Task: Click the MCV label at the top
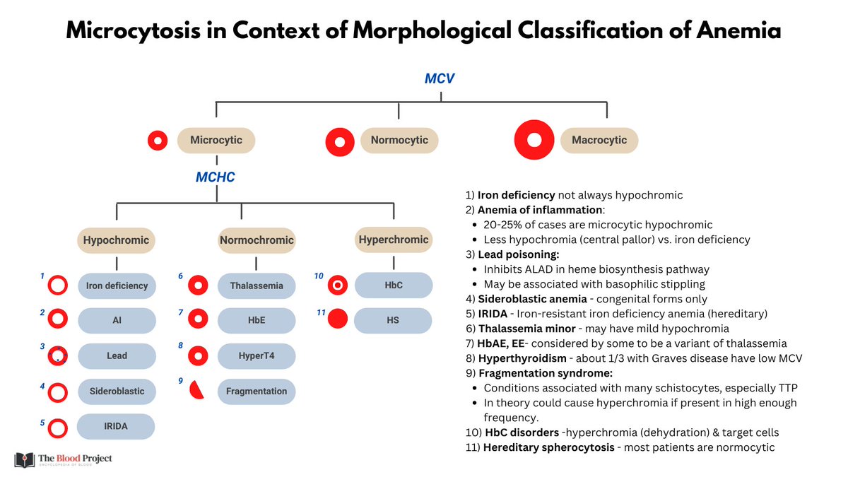(439, 78)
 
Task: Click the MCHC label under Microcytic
(215, 177)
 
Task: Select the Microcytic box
(216, 140)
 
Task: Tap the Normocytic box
(399, 140)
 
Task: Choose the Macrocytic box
(599, 140)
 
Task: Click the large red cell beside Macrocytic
(534, 140)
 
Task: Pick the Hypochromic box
(116, 240)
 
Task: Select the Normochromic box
(256, 240)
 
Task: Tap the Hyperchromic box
(393, 240)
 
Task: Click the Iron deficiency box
(117, 285)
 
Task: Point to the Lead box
(117, 356)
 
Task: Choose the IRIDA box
(117, 426)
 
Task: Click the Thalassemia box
(256, 285)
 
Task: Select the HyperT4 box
(256, 356)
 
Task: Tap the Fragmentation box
(256, 391)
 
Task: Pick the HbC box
(393, 285)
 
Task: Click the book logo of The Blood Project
(23, 460)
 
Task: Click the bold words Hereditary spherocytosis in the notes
(548, 447)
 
